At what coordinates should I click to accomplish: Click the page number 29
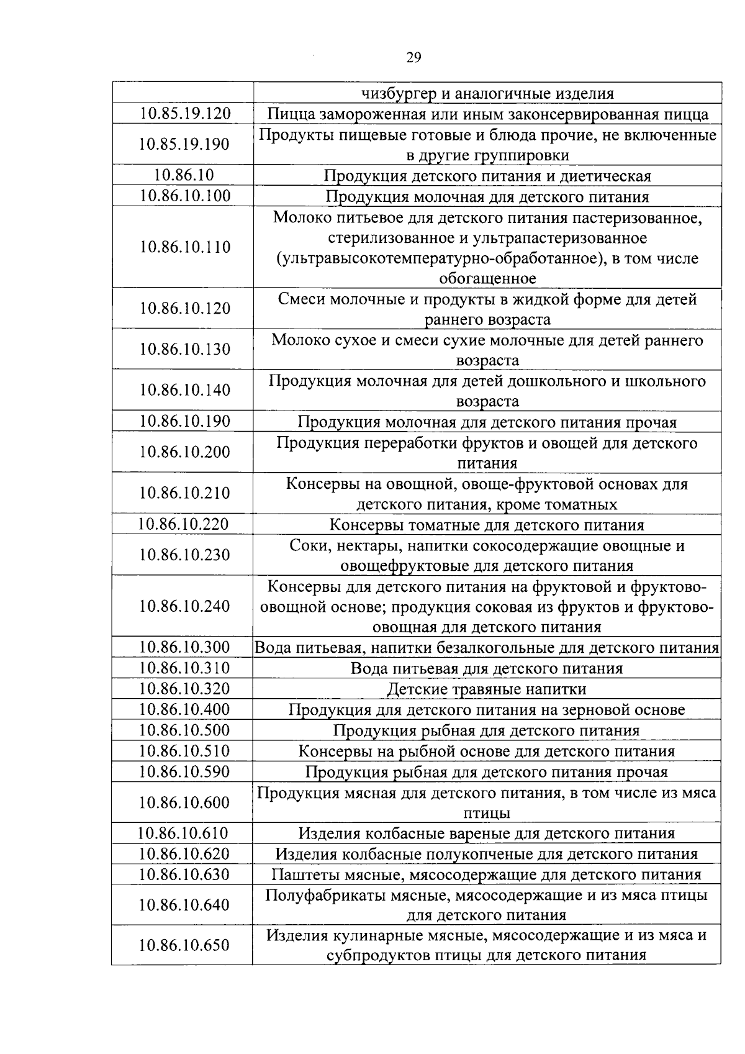(413, 58)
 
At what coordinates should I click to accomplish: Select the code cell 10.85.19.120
(184, 114)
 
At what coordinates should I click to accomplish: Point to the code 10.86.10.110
(184, 247)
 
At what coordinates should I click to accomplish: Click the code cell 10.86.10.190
(184, 421)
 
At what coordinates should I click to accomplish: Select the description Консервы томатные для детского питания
(487, 525)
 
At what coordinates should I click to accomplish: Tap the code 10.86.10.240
(184, 606)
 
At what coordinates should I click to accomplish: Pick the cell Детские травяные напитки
(487, 689)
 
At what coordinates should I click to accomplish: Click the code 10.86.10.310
(184, 668)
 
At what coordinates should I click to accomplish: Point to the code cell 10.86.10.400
(184, 709)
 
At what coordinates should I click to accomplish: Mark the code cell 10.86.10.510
(184, 751)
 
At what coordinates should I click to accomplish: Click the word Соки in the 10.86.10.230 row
(307, 546)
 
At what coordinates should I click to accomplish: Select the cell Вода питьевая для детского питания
(487, 668)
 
